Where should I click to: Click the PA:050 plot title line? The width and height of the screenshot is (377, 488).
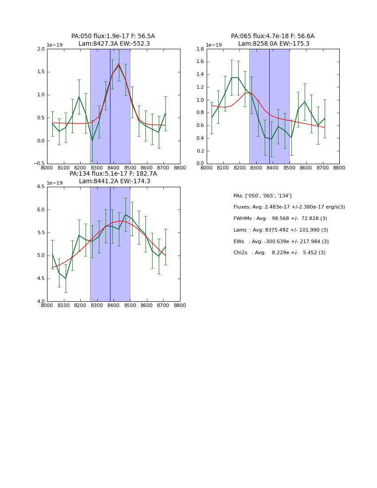click(113, 36)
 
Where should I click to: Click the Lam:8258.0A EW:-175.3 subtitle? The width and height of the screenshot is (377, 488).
click(274, 44)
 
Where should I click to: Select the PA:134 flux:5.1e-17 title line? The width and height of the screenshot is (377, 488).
click(113, 174)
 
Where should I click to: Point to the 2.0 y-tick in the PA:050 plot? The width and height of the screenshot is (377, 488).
click(41, 49)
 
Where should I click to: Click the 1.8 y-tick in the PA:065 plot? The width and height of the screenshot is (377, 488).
click(200, 49)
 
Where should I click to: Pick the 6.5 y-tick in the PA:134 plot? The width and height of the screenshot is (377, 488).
click(41, 187)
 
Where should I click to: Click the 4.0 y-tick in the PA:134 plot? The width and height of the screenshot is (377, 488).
click(41, 302)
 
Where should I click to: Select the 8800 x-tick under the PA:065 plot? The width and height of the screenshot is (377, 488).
click(339, 168)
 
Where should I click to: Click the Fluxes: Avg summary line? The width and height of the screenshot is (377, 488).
click(289, 207)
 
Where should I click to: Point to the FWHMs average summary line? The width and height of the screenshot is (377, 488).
click(280, 219)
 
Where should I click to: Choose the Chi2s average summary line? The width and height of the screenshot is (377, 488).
click(279, 253)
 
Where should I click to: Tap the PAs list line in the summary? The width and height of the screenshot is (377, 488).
click(262, 196)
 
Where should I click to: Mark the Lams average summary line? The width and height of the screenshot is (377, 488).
click(280, 230)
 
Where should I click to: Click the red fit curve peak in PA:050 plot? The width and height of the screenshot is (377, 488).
click(118, 64)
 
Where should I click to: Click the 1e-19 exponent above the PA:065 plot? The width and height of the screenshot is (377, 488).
click(214, 45)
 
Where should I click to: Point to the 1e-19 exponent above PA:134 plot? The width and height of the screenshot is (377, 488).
click(55, 183)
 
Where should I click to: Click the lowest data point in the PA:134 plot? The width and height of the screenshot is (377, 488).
click(66, 278)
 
